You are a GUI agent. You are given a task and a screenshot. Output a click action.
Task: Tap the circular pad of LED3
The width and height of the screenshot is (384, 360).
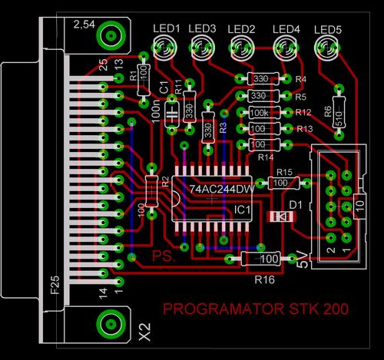tap(202, 51)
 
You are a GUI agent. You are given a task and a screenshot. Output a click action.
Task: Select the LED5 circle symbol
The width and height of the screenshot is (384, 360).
tap(328, 51)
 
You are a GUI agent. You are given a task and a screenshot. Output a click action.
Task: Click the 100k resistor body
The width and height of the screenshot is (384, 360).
tap(260, 112)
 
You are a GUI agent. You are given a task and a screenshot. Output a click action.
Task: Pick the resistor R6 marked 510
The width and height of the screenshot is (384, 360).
tap(336, 113)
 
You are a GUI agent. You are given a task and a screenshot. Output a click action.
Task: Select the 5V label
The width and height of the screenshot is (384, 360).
tap(302, 261)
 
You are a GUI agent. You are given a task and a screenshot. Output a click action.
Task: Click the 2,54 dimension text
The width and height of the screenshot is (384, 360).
tap(85, 25)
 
